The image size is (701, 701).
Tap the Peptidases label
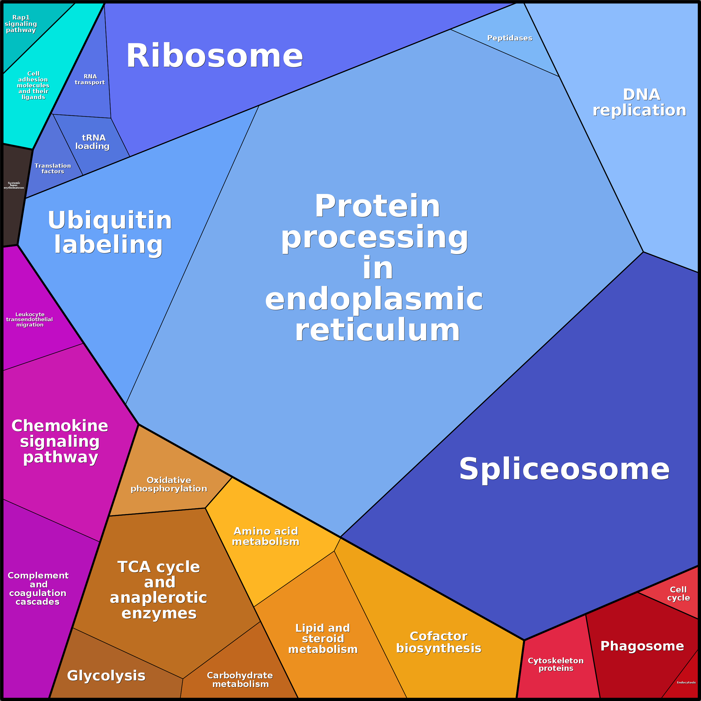pos(509,38)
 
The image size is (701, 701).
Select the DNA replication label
pos(639,102)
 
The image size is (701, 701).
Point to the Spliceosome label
pos(564,469)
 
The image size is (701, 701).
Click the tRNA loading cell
pos(93,142)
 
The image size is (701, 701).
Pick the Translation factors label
pos(53,168)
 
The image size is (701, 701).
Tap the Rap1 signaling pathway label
pos(21,24)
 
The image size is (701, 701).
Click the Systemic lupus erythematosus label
pos(14,185)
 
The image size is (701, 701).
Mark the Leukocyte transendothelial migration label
pos(30,319)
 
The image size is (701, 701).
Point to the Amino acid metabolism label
pos(266,536)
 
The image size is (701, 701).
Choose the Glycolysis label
pos(106,675)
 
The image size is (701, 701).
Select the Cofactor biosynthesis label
pos(438,642)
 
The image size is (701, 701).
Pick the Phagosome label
pos(642,645)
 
